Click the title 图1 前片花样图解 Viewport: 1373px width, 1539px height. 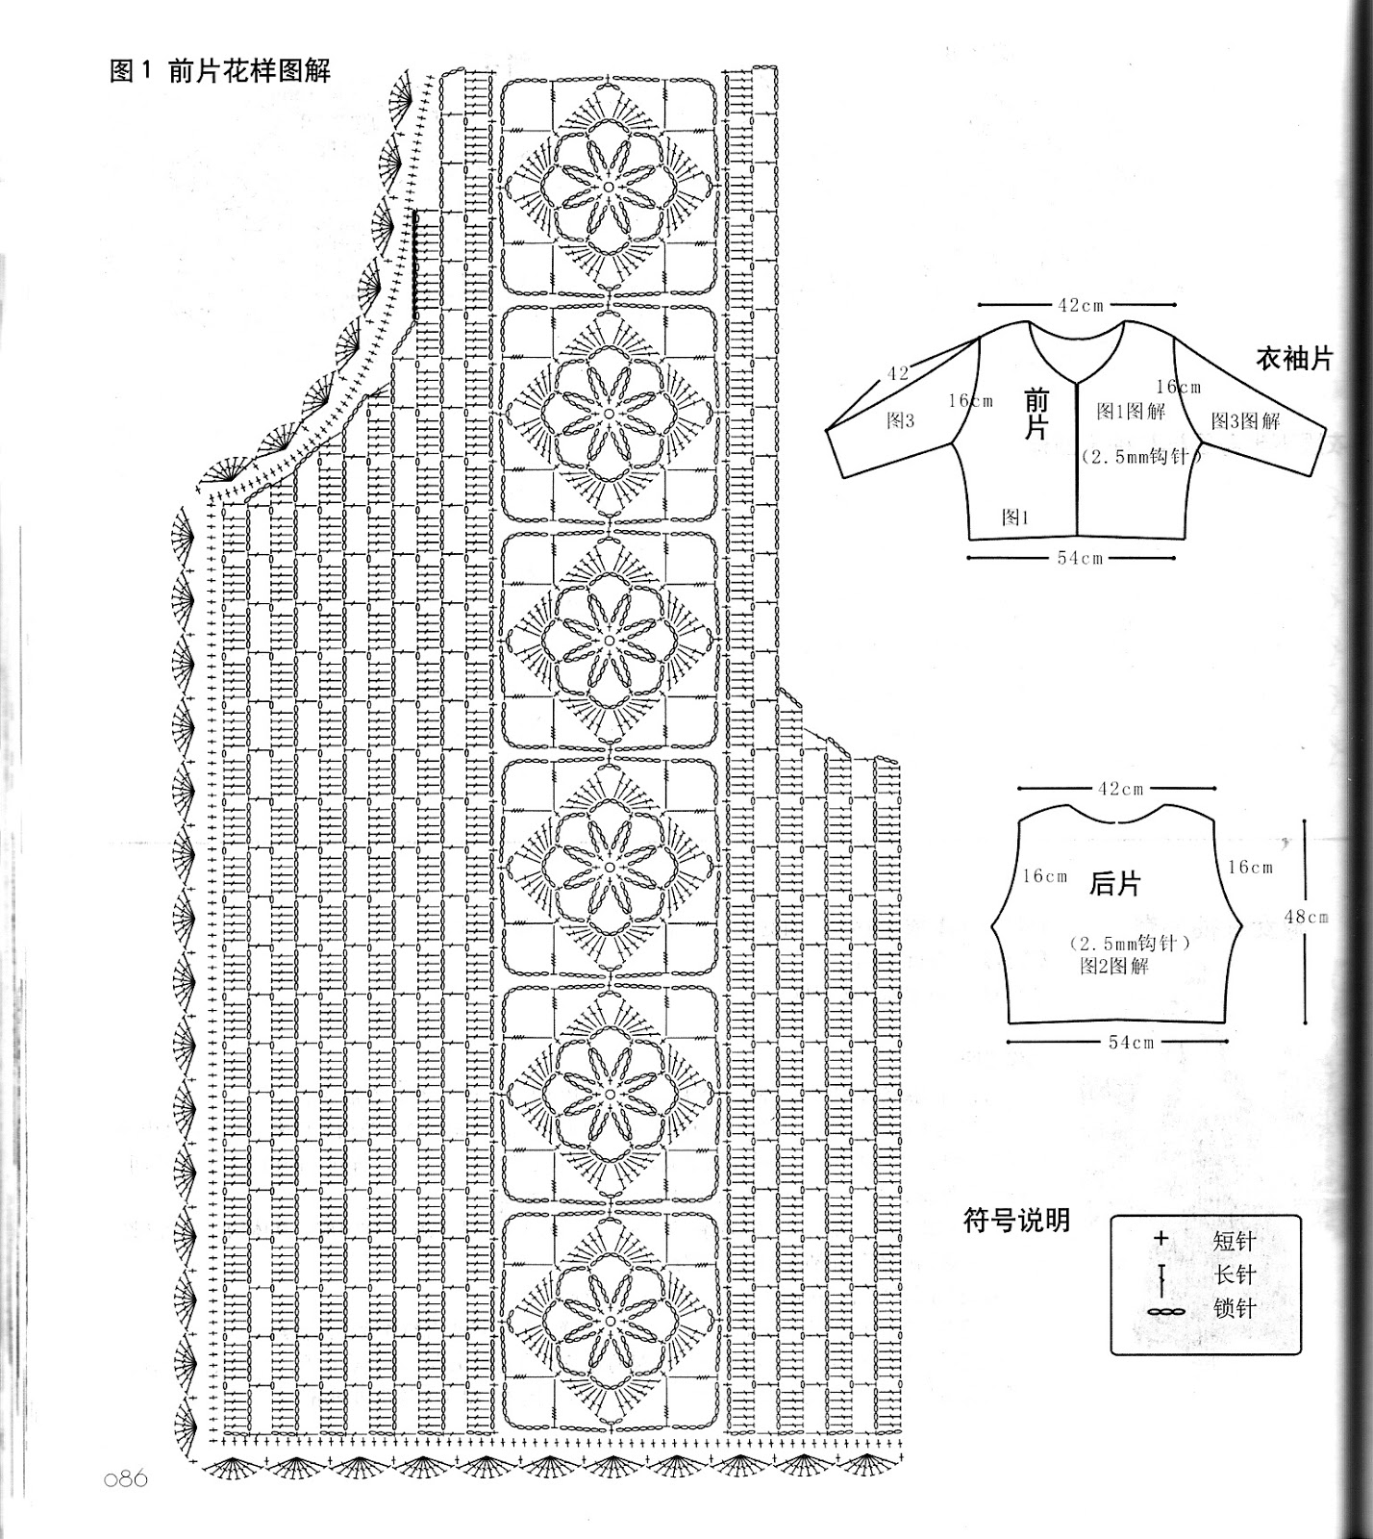(220, 70)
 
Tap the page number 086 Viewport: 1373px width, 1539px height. (126, 1477)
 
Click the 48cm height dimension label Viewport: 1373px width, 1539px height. (1306, 917)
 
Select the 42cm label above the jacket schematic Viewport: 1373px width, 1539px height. (1081, 305)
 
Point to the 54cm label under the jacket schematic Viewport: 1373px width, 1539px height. (1080, 558)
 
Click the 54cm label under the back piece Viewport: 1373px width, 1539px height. (1131, 1042)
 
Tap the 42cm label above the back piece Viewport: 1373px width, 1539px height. (1121, 789)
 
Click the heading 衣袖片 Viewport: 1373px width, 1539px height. (1294, 359)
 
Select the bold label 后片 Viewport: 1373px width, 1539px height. (1115, 883)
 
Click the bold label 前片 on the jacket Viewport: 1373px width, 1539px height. (1036, 415)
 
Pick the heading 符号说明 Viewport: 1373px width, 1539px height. (1016, 1221)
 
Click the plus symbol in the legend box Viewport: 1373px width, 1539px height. (1161, 1239)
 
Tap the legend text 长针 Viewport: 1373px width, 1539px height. (1235, 1274)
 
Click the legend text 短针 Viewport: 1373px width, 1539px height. (1235, 1241)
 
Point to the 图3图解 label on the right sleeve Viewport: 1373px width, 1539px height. (1245, 420)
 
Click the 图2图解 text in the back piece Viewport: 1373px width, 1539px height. (1113, 966)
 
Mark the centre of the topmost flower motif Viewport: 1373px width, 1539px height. (609, 186)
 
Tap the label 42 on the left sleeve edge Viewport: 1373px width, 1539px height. (897, 373)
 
